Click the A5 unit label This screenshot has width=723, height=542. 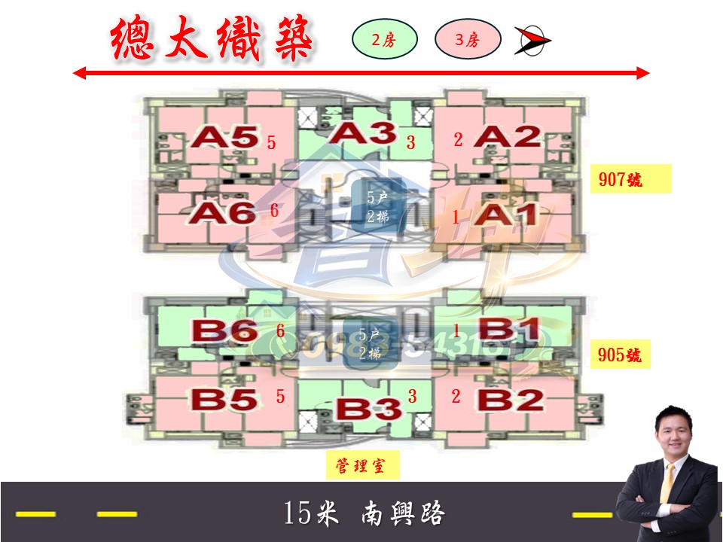click(223, 137)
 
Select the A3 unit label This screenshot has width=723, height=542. click(363, 134)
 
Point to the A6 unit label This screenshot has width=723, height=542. click(223, 213)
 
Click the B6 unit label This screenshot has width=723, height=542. click(224, 330)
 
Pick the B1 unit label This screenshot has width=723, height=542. click(509, 330)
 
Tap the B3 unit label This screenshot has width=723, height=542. click(368, 410)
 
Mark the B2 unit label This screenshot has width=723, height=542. click(509, 399)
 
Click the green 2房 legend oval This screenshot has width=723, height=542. click(385, 41)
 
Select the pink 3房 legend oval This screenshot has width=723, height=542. click(468, 41)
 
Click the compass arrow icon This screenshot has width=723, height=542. click(532, 41)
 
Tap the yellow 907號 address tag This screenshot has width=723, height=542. click(630, 181)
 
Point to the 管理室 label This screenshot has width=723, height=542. click(362, 466)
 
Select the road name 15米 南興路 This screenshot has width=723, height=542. click(365, 514)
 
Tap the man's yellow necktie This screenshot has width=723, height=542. click(667, 481)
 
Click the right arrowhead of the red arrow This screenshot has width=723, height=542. click(642, 73)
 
